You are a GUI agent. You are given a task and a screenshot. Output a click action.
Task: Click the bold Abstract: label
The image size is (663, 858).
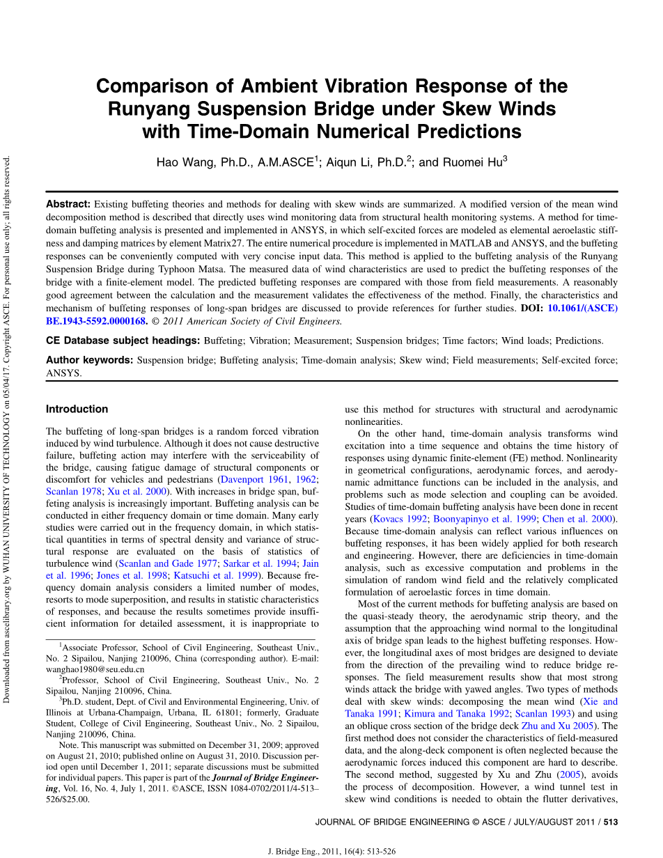click(68, 204)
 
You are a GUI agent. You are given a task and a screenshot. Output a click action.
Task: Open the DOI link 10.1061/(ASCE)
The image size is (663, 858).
click(582, 307)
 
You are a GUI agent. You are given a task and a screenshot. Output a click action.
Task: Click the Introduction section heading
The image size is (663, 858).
click(77, 409)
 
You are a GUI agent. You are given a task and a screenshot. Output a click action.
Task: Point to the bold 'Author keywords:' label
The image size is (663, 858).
click(89, 360)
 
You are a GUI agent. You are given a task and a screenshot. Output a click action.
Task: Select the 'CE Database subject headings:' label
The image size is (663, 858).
click(123, 341)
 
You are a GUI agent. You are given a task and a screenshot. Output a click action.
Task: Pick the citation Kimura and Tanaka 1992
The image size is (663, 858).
click(455, 713)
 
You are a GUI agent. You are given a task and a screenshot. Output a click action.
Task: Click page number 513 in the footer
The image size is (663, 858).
click(611, 822)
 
